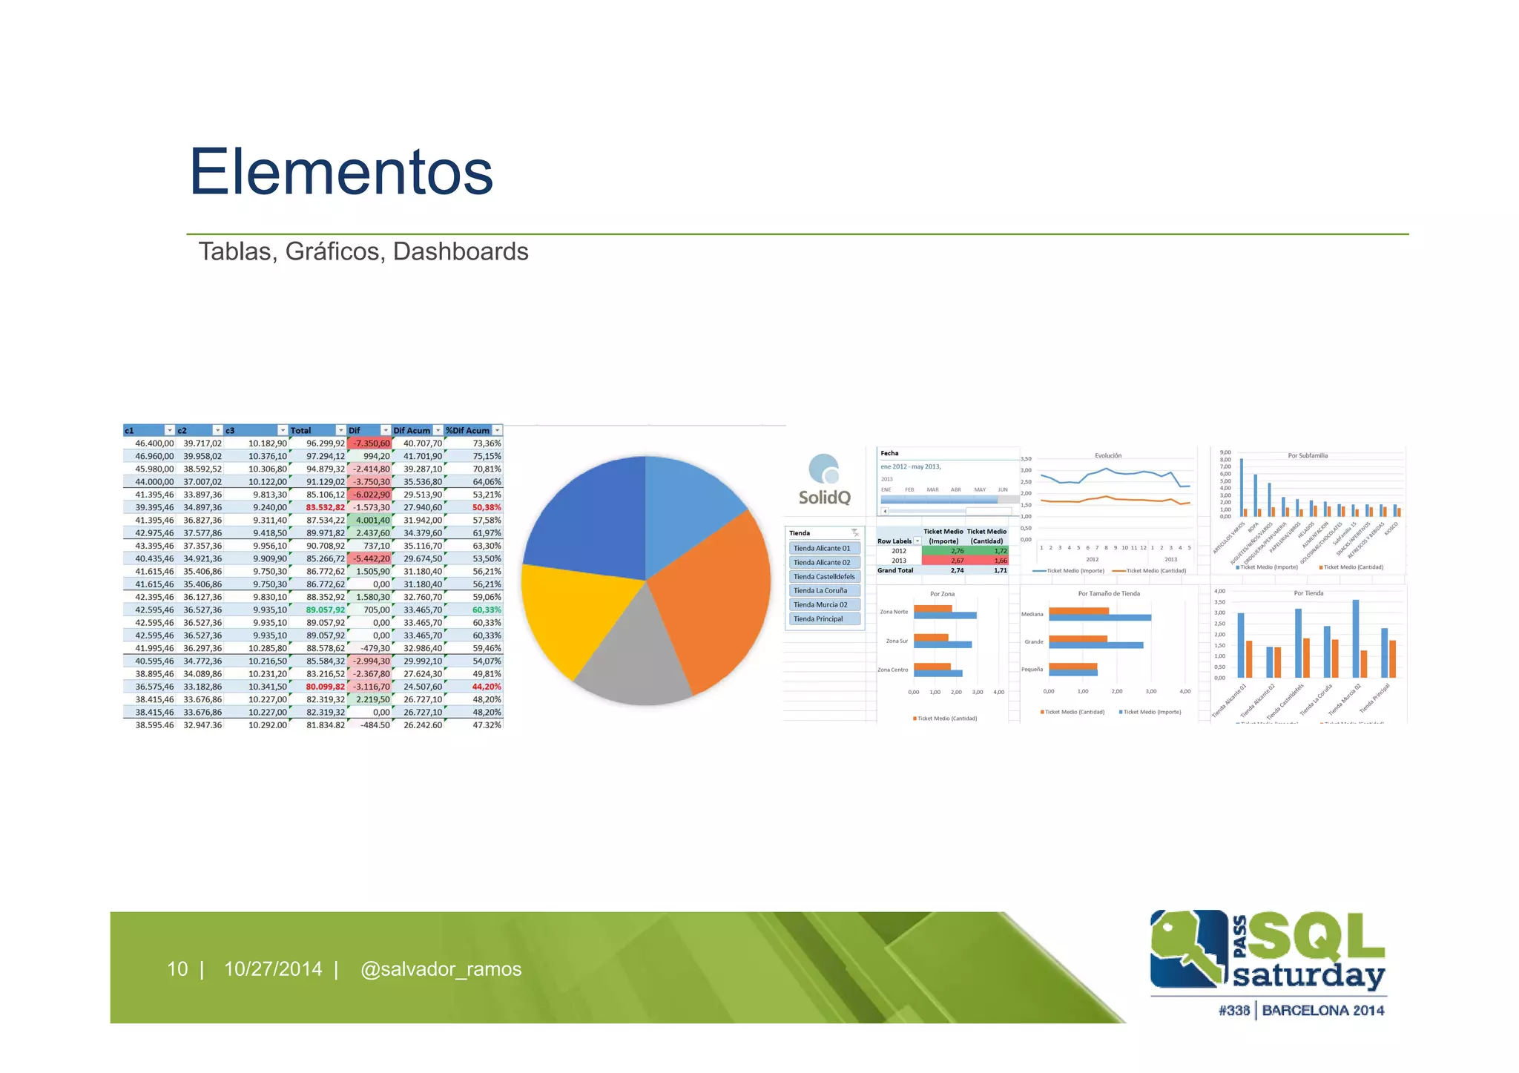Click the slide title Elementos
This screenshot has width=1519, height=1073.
pyautogui.click(x=341, y=172)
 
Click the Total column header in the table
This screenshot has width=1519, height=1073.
pyautogui.click(x=301, y=431)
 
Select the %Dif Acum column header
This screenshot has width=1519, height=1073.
pyautogui.click(x=467, y=431)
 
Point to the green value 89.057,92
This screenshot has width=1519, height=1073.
pyautogui.click(x=326, y=610)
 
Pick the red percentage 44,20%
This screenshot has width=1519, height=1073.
pyautogui.click(x=487, y=687)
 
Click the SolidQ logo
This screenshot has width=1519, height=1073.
pyautogui.click(x=824, y=481)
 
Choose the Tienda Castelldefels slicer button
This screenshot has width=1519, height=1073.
pyautogui.click(x=824, y=577)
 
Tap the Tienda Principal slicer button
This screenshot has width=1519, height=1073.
pyautogui.click(x=818, y=619)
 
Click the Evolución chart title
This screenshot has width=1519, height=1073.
pyautogui.click(x=1108, y=456)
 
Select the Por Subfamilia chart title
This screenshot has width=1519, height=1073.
pyautogui.click(x=1308, y=456)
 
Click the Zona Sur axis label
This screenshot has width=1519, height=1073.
pyautogui.click(x=897, y=641)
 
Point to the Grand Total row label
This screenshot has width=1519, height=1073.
pyautogui.click(x=895, y=571)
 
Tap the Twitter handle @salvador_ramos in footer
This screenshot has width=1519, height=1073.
pyautogui.click(x=441, y=969)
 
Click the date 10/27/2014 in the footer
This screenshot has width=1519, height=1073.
pyautogui.click(x=273, y=969)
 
